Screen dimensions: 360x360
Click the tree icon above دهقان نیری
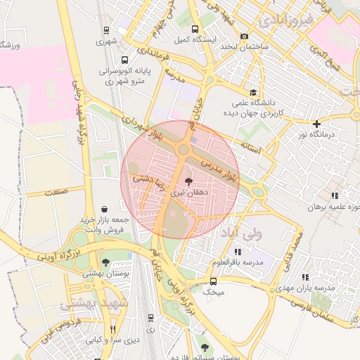pyautogui.click(x=186, y=181)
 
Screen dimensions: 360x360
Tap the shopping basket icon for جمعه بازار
pyautogui.click(x=105, y=209)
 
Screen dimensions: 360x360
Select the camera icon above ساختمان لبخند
pyautogui.click(x=244, y=37)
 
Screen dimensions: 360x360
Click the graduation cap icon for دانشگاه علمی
pyautogui.click(x=253, y=92)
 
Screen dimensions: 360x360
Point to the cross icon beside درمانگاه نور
pyautogui.click(x=317, y=124)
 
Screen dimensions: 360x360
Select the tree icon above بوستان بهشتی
pyautogui.click(x=106, y=262)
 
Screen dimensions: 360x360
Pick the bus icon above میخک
pyautogui.click(x=214, y=281)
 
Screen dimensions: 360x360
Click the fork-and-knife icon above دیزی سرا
pyautogui.click(x=111, y=329)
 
